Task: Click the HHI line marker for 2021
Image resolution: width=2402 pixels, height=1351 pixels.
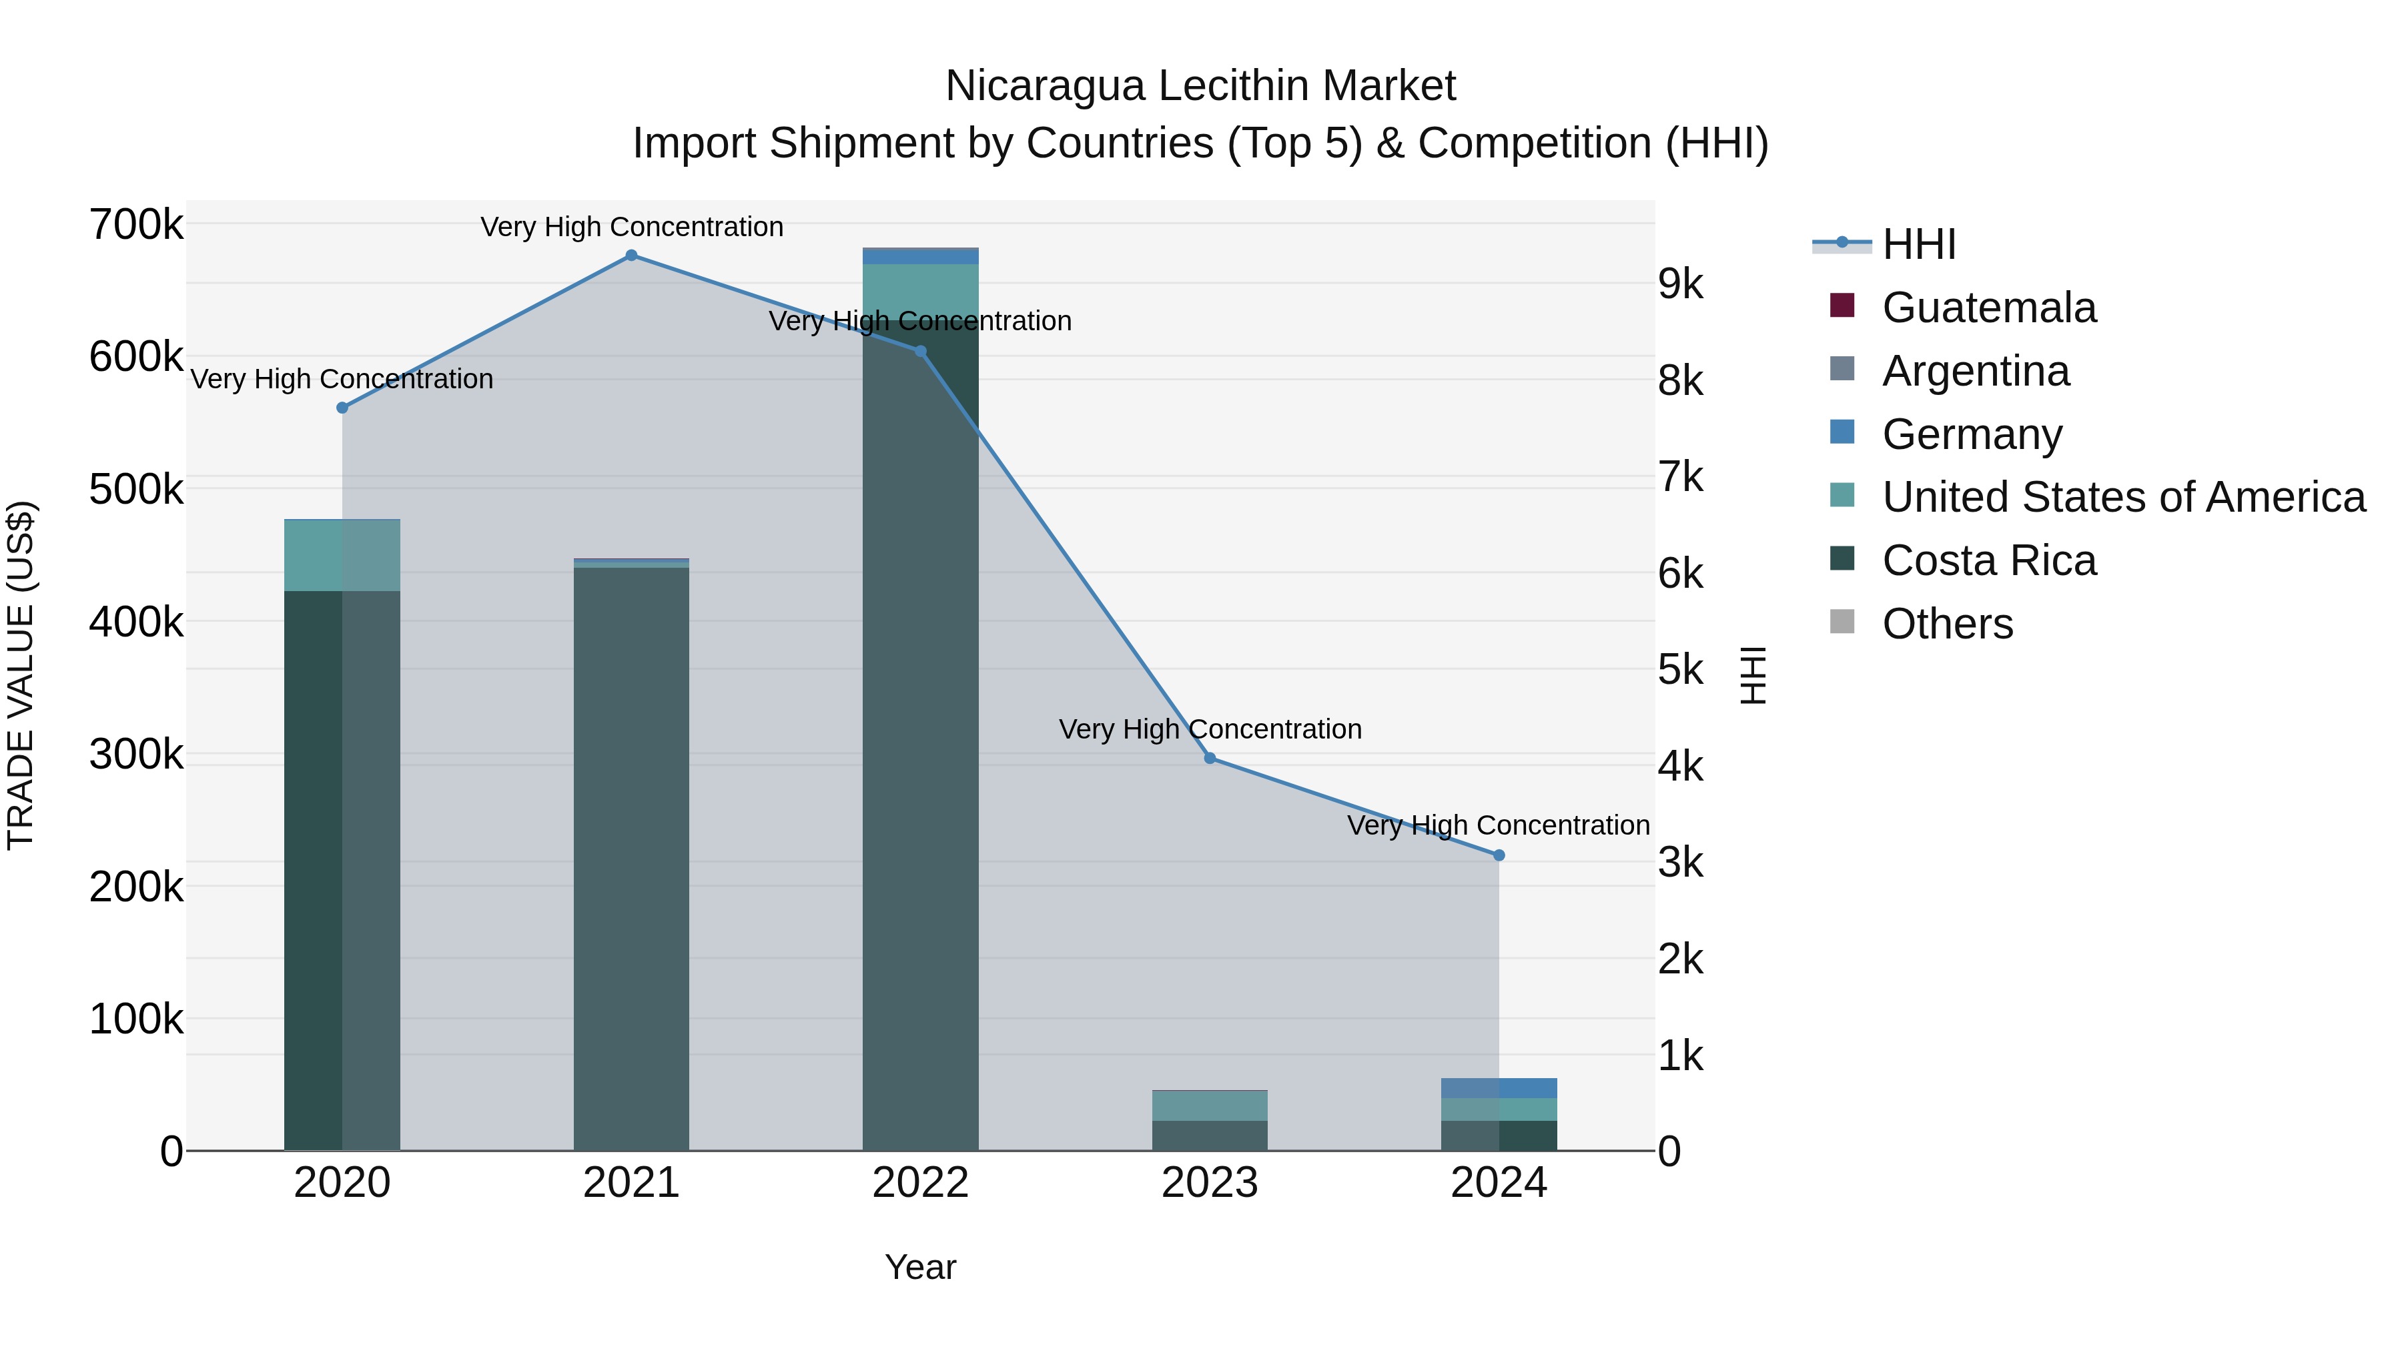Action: click(631, 256)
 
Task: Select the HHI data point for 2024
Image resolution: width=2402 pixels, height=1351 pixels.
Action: click(1499, 855)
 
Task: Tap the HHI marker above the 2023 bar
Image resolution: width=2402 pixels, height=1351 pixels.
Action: click(1210, 758)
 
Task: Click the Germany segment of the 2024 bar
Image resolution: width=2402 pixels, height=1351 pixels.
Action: click(1499, 1088)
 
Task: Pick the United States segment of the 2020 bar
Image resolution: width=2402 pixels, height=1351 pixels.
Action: click(341, 556)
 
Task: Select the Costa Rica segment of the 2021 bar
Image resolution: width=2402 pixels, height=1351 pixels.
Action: click(631, 858)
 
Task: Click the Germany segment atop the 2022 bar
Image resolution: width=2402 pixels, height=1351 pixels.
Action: click(920, 256)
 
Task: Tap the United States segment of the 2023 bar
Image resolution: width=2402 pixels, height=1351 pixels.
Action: click(1210, 1105)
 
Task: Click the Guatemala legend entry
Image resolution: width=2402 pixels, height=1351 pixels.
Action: click(1988, 308)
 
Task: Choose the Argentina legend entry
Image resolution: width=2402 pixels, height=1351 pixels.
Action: click(1975, 371)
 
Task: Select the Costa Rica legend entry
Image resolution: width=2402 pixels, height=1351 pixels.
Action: click(1988, 560)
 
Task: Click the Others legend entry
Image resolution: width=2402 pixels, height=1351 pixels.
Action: click(1947, 624)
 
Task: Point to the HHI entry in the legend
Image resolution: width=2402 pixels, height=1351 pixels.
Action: click(1918, 244)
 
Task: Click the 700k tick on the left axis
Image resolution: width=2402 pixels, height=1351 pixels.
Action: click(136, 225)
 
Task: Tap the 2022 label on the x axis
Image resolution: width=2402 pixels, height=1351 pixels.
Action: click(920, 1183)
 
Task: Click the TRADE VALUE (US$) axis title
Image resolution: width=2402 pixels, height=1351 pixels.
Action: click(21, 675)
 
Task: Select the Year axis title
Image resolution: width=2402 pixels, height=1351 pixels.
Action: click(920, 1267)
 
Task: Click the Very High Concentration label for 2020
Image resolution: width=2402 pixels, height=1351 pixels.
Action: click(341, 380)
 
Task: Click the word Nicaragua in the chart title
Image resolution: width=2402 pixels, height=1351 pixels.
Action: click(1044, 86)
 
